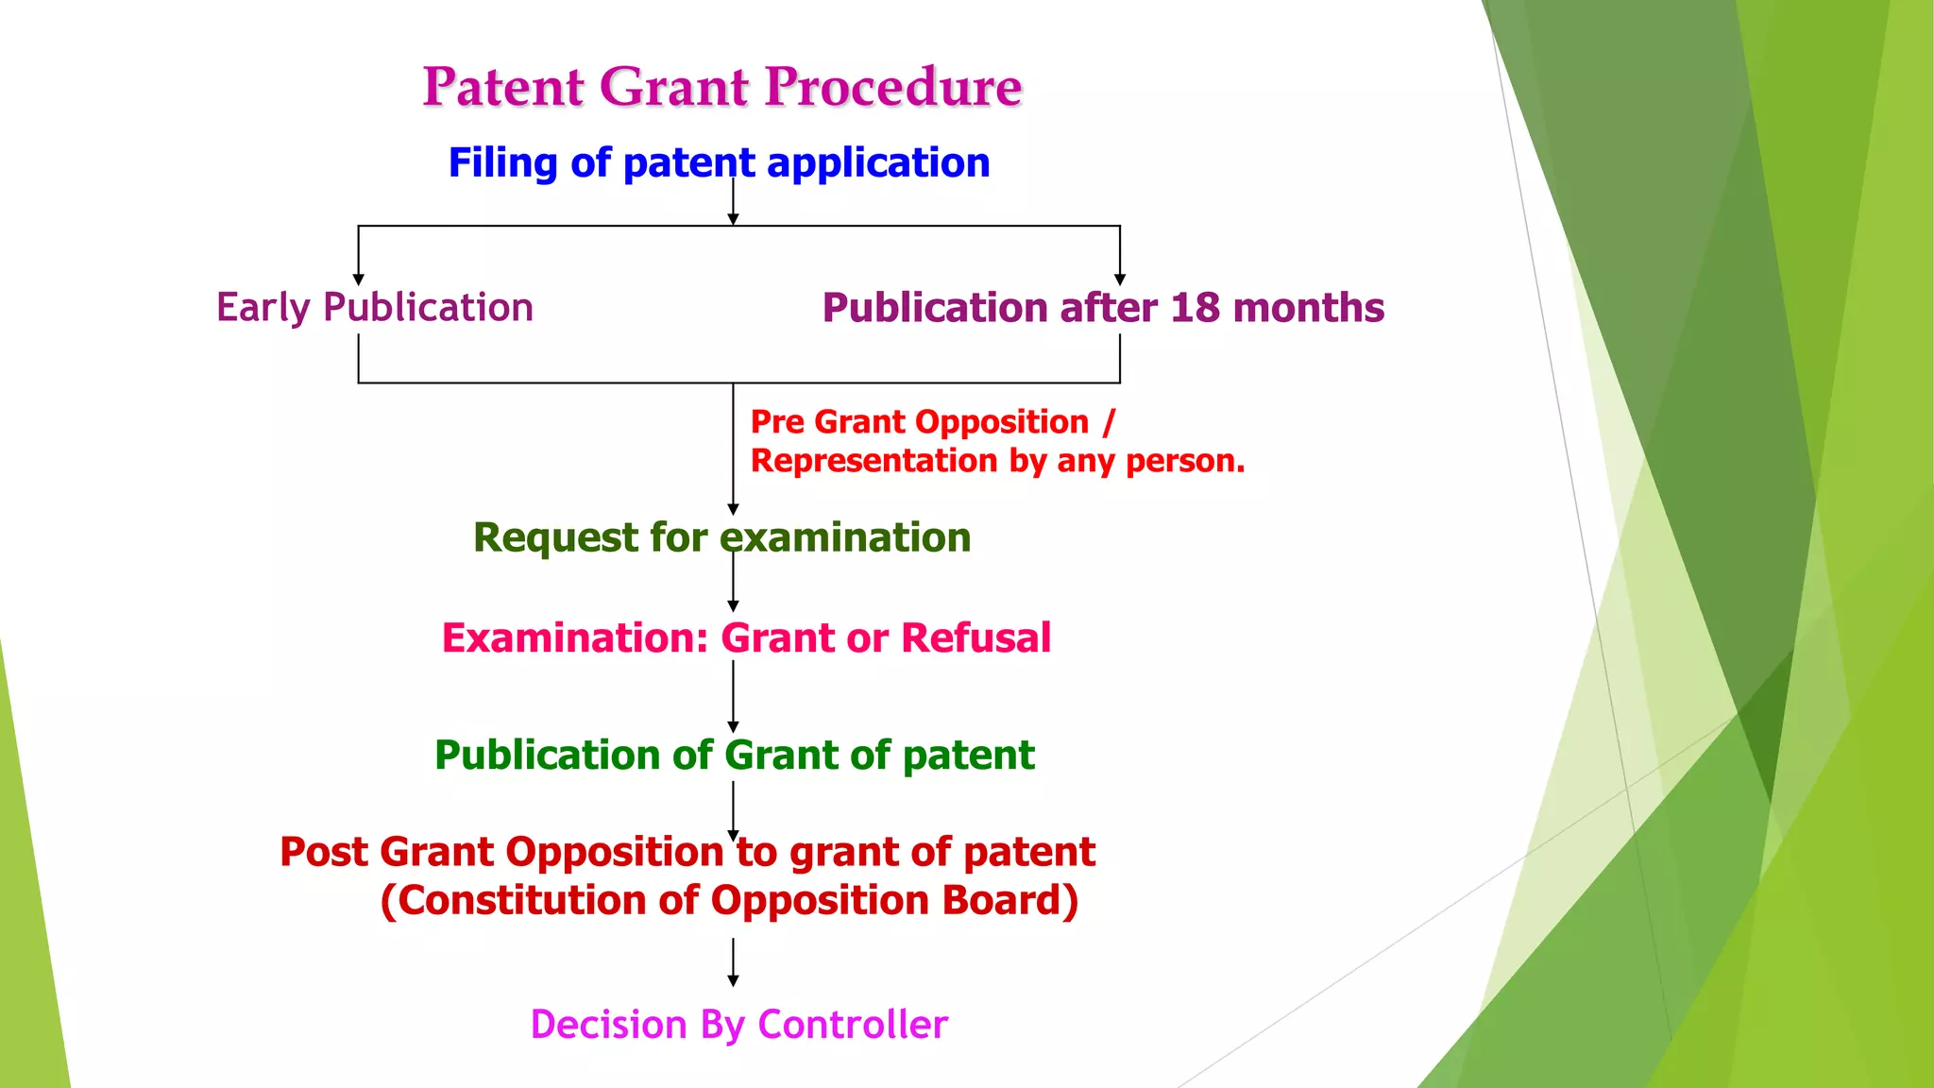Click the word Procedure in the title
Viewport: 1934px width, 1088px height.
pos(892,88)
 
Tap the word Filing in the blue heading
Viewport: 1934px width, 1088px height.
pos(502,163)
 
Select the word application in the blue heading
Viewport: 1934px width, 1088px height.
pos(878,163)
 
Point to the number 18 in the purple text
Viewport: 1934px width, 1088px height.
pos(1195,308)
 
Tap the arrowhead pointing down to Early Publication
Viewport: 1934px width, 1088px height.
pos(359,280)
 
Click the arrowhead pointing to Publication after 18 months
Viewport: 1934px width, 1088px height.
pos(1120,280)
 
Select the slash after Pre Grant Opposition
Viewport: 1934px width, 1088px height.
pos(1109,422)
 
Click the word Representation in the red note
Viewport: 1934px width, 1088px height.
pos(874,461)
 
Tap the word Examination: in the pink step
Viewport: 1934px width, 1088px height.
pos(574,638)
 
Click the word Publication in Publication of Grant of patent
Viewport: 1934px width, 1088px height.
pos(546,756)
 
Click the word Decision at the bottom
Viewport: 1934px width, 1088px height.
pos(608,1025)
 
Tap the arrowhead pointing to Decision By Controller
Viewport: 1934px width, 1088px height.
pos(733,981)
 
